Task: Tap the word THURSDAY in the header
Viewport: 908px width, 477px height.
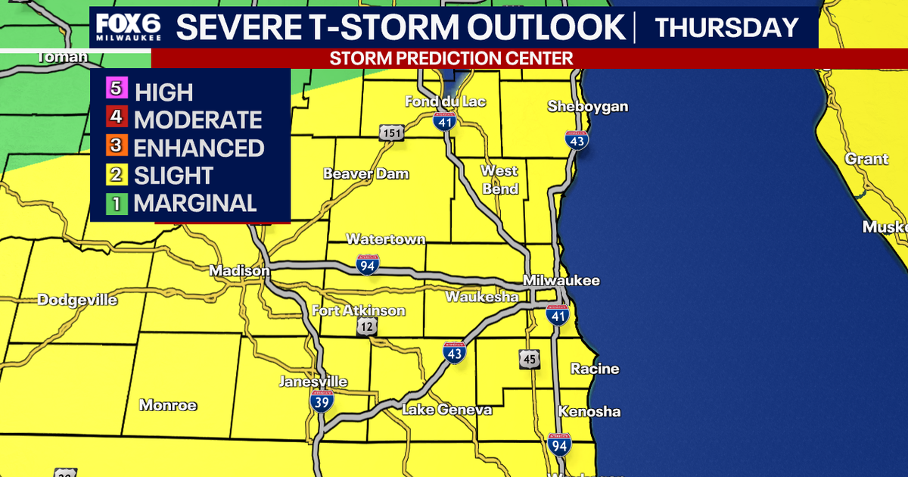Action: [726, 28]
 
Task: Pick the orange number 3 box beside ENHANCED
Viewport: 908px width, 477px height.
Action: [117, 146]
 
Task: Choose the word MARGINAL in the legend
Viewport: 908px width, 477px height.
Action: [195, 203]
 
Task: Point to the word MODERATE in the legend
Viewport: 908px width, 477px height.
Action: [197, 120]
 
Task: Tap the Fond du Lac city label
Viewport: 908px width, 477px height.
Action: [445, 101]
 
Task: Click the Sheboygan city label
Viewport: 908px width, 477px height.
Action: [588, 107]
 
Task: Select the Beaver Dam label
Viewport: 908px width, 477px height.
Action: [366, 174]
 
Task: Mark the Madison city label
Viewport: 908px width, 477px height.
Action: [239, 271]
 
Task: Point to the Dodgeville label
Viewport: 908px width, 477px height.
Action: [78, 301]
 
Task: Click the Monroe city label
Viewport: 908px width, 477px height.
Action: [168, 406]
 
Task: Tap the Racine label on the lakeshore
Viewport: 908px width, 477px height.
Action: [595, 369]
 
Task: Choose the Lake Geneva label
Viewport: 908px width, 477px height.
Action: [446, 410]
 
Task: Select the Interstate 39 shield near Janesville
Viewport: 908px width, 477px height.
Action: [320, 402]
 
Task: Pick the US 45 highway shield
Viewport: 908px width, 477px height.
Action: [530, 360]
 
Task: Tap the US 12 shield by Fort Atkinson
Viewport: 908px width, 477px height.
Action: [368, 326]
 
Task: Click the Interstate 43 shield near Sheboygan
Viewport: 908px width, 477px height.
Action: [577, 139]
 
